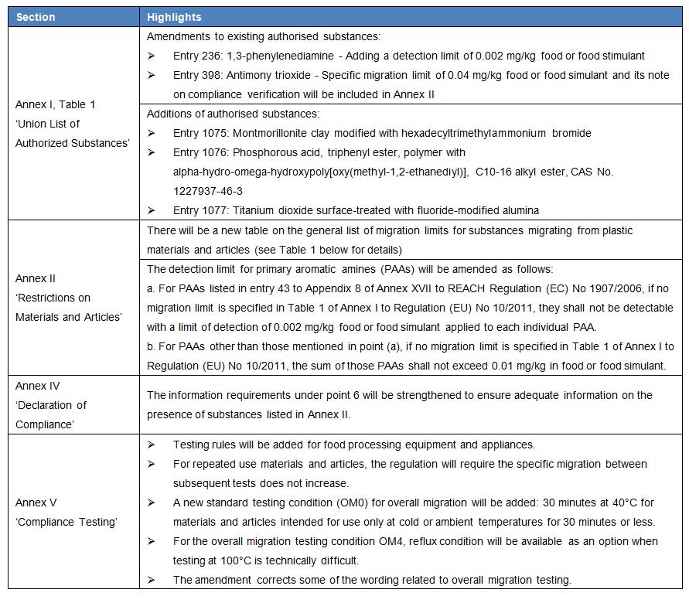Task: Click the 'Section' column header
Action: (x=36, y=17)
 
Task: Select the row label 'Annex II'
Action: (x=36, y=278)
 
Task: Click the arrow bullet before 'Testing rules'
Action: (x=152, y=445)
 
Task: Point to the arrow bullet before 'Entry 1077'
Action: (x=152, y=210)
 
